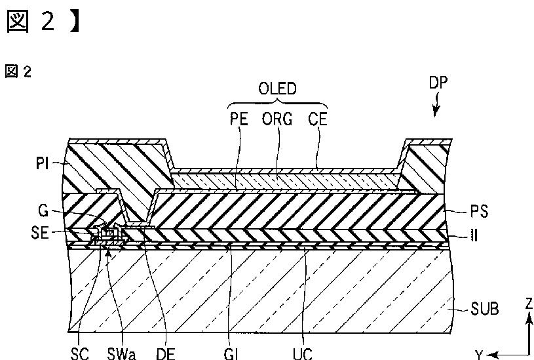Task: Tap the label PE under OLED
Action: click(239, 120)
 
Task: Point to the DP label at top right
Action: click(439, 84)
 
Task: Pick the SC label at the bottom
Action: click(79, 353)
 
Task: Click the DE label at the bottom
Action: click(164, 353)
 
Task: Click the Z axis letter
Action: click(527, 304)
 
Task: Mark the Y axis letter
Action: click(480, 354)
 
